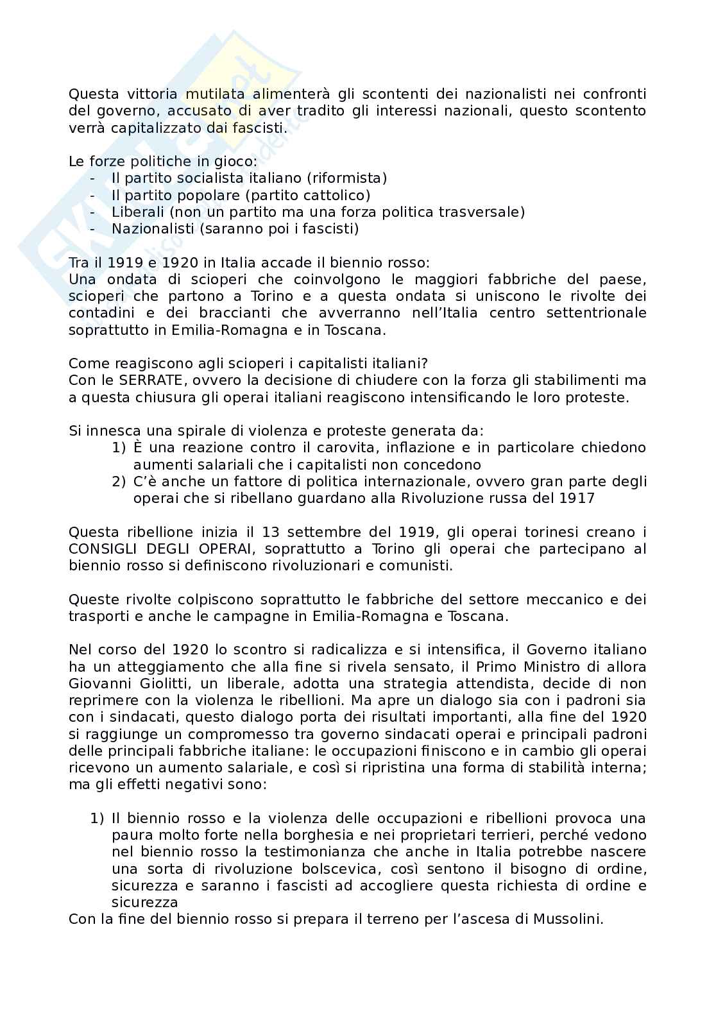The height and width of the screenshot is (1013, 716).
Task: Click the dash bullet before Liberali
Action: [94, 212]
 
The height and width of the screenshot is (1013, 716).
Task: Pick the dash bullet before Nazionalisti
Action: [94, 228]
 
